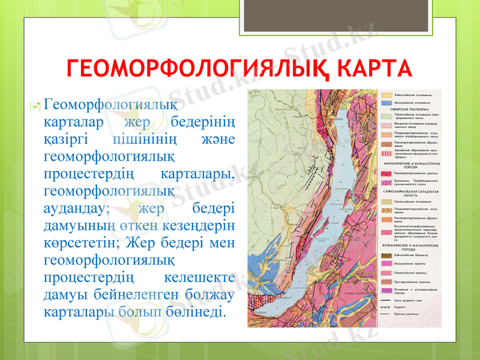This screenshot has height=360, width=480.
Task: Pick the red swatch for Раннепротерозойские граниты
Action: click(385, 172)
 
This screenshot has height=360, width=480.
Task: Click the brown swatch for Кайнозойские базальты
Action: click(385, 254)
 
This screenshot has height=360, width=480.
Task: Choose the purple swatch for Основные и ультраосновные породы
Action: click(385, 289)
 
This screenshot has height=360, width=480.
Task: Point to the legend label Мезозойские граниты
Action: click(410, 263)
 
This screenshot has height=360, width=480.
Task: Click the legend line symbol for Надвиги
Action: click(385, 306)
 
